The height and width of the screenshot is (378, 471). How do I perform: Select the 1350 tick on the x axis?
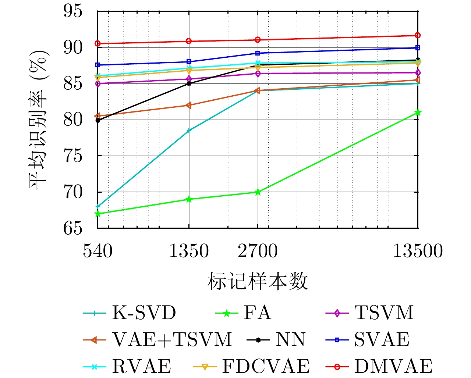pyautogui.click(x=189, y=251)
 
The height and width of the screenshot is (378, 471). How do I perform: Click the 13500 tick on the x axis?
pyautogui.click(x=418, y=251)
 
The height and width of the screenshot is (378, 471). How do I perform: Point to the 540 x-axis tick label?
pyautogui.click(x=98, y=251)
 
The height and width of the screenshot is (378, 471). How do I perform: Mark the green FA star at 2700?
pyautogui.click(x=258, y=192)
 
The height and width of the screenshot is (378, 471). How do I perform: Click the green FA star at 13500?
pyautogui.click(x=418, y=113)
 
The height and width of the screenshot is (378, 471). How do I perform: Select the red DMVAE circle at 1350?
pyautogui.click(x=189, y=41)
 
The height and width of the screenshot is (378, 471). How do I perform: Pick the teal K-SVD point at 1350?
pyautogui.click(x=189, y=131)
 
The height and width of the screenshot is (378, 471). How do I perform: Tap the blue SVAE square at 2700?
pyautogui.click(x=258, y=53)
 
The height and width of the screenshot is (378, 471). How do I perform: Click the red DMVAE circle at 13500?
pyautogui.click(x=418, y=35)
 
